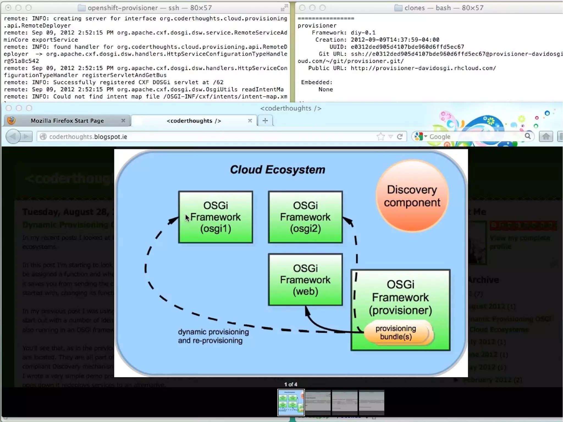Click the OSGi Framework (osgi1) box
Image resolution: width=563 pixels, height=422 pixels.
point(216,217)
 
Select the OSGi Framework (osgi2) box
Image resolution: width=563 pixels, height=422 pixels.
point(305,217)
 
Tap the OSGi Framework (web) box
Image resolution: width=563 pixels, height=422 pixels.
point(305,279)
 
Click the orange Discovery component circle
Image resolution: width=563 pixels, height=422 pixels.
point(412,196)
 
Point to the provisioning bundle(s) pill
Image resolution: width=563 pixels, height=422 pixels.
point(396,333)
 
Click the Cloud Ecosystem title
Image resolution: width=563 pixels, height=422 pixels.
point(277,170)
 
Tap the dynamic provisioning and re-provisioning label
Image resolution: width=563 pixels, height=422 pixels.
point(213,336)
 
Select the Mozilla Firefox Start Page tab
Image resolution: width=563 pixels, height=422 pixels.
point(67,121)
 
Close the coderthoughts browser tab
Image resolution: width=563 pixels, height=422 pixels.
point(250,121)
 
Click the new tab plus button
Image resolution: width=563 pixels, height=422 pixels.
point(265,121)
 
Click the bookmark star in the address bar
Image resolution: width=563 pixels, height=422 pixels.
point(380,137)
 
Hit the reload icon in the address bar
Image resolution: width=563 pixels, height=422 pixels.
point(400,137)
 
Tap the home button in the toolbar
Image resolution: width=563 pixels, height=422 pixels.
point(546,137)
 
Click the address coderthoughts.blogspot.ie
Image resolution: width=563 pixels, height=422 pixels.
point(88,137)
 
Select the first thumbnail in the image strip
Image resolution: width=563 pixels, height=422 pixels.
point(291,402)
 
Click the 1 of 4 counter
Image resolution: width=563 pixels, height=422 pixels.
point(291,384)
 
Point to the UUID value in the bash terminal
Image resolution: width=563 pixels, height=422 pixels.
point(407,47)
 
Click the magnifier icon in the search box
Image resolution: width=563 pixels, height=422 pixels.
point(527,136)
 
